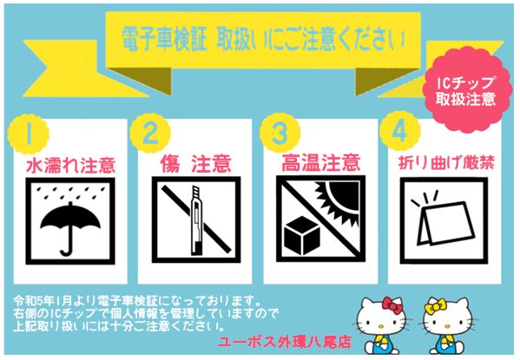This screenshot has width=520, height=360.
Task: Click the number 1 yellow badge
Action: pyautogui.click(x=28, y=134)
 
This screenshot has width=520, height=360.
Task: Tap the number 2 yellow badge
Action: pyautogui.click(x=150, y=133)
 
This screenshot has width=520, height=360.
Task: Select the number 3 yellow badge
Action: pyautogui.click(x=280, y=133)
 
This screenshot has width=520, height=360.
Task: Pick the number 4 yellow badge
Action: pyautogui.click(x=400, y=131)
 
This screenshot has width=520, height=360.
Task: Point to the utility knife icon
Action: pyautogui.click(x=195, y=219)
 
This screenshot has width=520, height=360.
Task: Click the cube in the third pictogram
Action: pyautogui.click(x=302, y=235)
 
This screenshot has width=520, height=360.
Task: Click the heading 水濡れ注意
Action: pyautogui.click(x=70, y=165)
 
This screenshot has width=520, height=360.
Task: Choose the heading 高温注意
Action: pyautogui.click(x=321, y=162)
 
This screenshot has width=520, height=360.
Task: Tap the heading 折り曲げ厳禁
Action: pyautogui.click(x=446, y=163)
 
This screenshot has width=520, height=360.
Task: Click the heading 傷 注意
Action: pyautogui.click(x=195, y=164)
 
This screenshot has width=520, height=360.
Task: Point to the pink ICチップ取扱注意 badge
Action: pyautogui.click(x=468, y=89)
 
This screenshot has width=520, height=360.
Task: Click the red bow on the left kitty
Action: pyautogui.click(x=392, y=306)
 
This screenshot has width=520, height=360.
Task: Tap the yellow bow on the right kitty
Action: pyautogui.click(x=435, y=306)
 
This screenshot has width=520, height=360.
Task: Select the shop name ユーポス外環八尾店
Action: pyautogui.click(x=284, y=342)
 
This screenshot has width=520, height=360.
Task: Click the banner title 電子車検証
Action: pyautogui.click(x=164, y=40)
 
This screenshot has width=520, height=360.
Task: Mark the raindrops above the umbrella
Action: pyautogui.click(x=70, y=193)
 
